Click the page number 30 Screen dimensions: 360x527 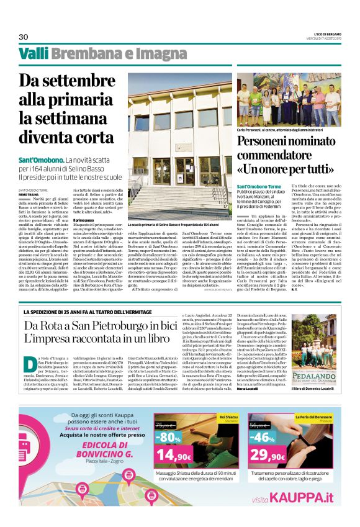[x=24, y=37]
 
